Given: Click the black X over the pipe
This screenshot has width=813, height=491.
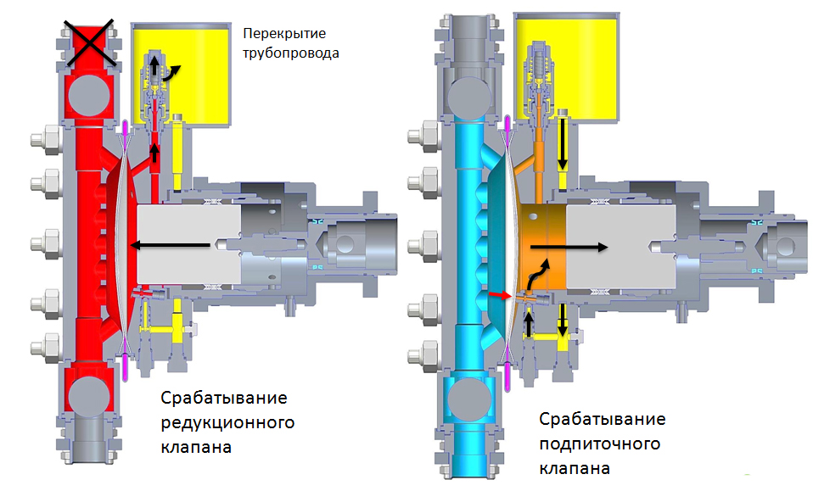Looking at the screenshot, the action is click(x=88, y=43).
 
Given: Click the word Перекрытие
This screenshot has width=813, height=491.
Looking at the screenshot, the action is click(x=284, y=34).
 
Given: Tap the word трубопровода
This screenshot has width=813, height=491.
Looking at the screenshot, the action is click(x=291, y=53).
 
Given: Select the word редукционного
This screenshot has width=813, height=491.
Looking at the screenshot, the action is click(x=227, y=422).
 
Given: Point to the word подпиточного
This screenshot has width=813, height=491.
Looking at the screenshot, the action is click(x=600, y=444).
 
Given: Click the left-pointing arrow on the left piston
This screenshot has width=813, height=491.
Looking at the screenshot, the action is click(x=170, y=245).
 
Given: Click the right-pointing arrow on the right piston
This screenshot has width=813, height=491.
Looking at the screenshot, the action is click(x=569, y=248).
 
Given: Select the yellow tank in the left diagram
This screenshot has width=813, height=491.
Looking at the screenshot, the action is click(x=181, y=75).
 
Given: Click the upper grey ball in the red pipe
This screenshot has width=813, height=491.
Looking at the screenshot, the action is click(x=89, y=96).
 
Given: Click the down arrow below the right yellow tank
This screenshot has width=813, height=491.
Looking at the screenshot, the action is click(x=562, y=146).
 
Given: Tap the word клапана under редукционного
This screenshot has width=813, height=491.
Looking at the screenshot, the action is click(x=196, y=447).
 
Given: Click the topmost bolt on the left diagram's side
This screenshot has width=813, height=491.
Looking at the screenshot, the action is click(x=46, y=139).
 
